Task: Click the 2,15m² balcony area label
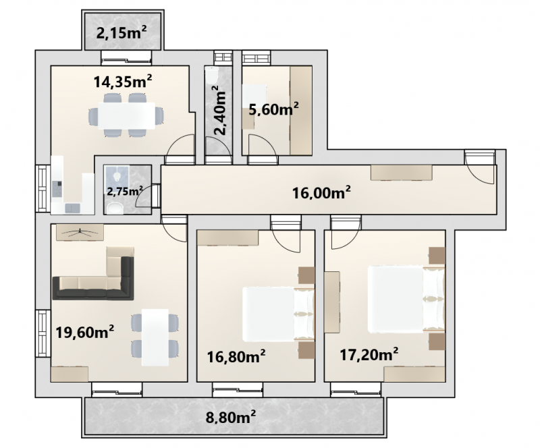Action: coord(122,34)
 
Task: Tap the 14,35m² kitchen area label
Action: coord(123,82)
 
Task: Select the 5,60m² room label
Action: coord(273,110)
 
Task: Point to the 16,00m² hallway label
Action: coord(322,192)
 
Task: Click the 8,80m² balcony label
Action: coord(230,418)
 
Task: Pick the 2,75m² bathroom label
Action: coord(125,191)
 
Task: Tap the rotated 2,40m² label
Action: coord(220,110)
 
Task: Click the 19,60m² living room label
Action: coord(85,333)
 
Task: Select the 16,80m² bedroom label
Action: coord(236,357)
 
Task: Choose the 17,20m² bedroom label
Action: coord(369,354)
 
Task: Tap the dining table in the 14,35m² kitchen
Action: coord(126,115)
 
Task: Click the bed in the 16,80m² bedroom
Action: coord(279,314)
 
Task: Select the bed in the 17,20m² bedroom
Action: coord(407,299)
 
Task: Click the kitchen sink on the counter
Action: coord(72,208)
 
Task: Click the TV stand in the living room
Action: coord(80,232)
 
